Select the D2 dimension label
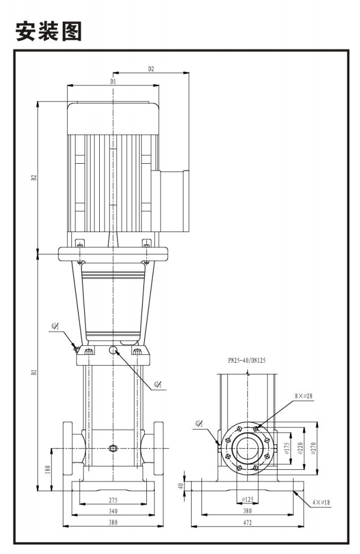click(x=151, y=69)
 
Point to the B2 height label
click(x=34, y=177)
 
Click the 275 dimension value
click(x=113, y=498)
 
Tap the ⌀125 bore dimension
click(x=247, y=499)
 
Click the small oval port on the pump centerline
click(x=113, y=449)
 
